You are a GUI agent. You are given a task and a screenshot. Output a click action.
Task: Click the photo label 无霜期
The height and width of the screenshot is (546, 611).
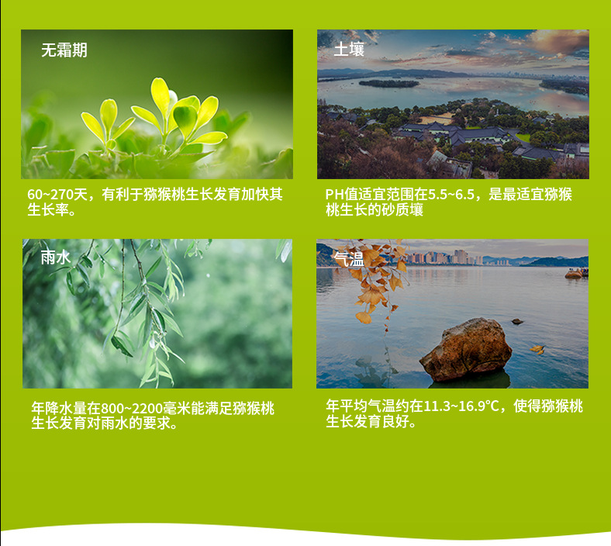tap(64, 50)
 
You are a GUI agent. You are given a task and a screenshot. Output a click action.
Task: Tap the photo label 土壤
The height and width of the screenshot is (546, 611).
tap(349, 50)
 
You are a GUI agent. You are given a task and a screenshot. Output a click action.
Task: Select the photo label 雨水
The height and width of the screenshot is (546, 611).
tap(56, 257)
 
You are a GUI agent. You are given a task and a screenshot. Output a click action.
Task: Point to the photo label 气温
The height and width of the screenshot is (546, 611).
tap(349, 259)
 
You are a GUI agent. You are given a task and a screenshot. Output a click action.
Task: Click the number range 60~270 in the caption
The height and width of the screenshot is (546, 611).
tap(50, 194)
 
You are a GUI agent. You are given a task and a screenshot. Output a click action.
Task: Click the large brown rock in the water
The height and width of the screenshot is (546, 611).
tap(466, 349)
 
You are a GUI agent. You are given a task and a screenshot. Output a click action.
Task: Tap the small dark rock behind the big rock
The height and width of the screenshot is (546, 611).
tap(517, 321)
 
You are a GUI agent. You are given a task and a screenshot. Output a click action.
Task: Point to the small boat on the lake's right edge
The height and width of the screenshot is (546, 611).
tap(577, 274)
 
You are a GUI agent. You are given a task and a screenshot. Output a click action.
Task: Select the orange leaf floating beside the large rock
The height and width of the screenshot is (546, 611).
tap(538, 349)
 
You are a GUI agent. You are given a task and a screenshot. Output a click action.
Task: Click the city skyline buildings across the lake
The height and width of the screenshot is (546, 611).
tap(448, 257)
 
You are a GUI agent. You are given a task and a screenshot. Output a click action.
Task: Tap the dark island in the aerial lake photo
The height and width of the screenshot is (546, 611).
tap(389, 84)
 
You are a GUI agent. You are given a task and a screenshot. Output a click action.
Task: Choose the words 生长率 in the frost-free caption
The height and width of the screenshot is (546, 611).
tap(48, 210)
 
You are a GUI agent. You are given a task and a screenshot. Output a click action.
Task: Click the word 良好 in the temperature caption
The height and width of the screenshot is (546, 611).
tap(395, 422)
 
